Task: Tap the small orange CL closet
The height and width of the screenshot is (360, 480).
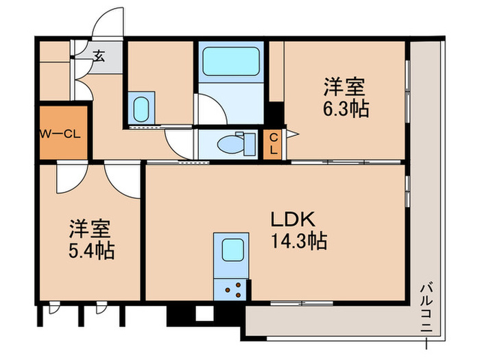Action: point(273,144)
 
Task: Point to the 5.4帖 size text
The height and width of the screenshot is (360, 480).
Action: point(91,250)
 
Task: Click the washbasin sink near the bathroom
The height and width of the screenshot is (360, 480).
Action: point(141,108)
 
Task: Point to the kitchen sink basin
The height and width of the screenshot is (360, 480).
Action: point(232,249)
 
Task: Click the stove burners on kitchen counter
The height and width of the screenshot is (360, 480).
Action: point(232,289)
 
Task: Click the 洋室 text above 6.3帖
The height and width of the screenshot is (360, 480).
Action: point(345,87)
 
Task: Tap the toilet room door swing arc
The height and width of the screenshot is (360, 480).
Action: point(180,146)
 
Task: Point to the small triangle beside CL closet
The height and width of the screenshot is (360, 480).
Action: point(291,134)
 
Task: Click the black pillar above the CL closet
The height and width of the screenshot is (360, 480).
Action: point(276,112)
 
